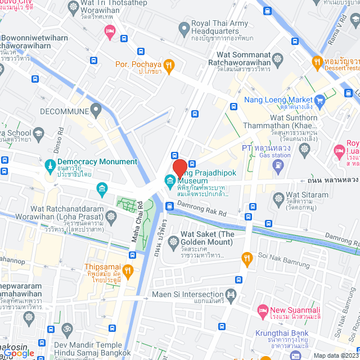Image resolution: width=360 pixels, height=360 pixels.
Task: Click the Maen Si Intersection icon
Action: pos(230,295)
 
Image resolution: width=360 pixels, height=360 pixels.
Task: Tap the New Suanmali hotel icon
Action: pos(262,310)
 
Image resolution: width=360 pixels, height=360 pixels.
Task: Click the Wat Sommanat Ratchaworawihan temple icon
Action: pos(278,59)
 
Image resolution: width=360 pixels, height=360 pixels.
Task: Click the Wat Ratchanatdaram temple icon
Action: pos(111,216)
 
